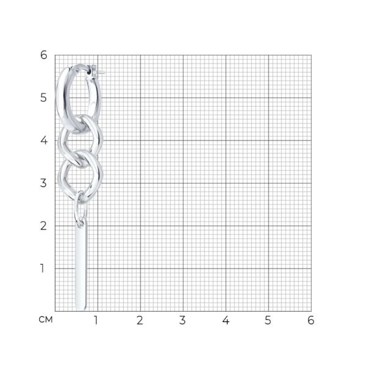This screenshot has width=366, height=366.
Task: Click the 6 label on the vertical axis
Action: (44, 55)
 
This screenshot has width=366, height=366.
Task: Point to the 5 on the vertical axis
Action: (43, 98)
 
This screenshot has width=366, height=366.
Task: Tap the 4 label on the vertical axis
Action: (44, 140)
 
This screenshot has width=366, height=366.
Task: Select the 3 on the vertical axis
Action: (43, 183)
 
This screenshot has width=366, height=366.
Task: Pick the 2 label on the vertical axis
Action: (43, 226)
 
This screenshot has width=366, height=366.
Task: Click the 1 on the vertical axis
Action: (42, 268)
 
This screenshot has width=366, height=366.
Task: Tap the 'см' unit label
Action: (46, 320)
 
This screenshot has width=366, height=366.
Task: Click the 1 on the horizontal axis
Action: (96, 320)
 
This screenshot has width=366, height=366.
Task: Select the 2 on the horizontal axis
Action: (140, 320)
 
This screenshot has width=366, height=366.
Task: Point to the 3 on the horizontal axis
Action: (182, 320)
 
